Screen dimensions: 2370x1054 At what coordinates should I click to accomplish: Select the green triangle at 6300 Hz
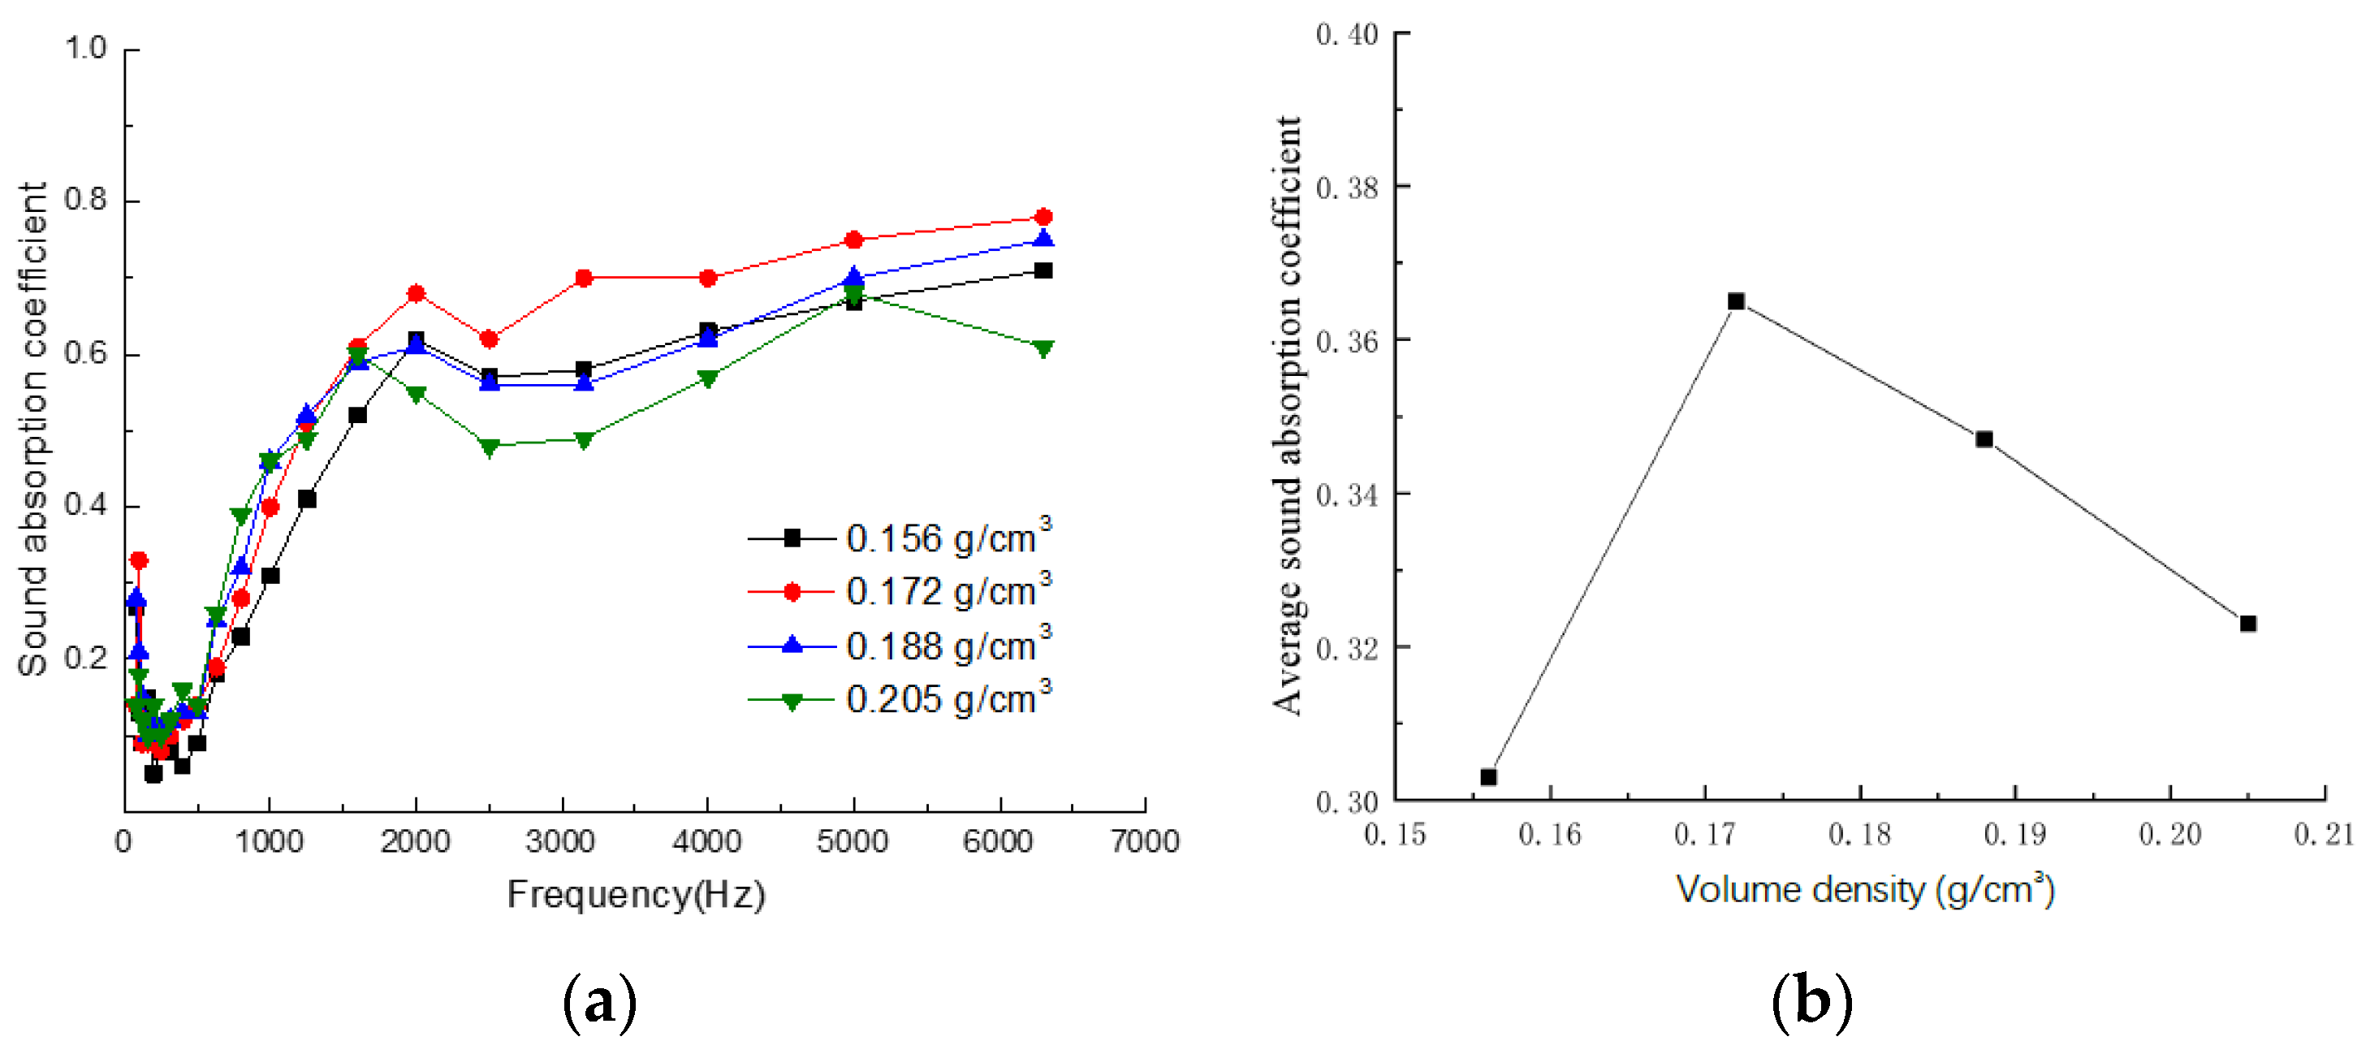point(1043,348)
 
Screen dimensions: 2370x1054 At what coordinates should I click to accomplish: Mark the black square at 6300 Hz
point(1043,270)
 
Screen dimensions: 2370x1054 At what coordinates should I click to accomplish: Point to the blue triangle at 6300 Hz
point(1043,240)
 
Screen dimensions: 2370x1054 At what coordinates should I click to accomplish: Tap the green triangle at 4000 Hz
point(707,378)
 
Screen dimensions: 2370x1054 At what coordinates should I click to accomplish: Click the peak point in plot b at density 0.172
point(1735,301)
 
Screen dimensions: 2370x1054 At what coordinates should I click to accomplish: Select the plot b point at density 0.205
point(2247,623)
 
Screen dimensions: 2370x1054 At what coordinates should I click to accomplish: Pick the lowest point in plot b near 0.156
point(1488,777)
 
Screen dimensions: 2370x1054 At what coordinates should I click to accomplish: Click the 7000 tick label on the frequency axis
point(1145,841)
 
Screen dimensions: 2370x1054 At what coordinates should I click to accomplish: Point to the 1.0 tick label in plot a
point(85,48)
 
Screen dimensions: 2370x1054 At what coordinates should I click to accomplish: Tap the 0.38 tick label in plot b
point(1347,188)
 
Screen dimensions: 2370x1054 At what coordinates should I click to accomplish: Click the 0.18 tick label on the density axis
point(1859,835)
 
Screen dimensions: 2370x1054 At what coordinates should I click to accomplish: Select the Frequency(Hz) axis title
point(636,895)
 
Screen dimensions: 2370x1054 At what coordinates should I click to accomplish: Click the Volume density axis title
point(1865,890)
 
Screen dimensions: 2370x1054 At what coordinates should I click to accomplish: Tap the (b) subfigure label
point(1811,1001)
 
